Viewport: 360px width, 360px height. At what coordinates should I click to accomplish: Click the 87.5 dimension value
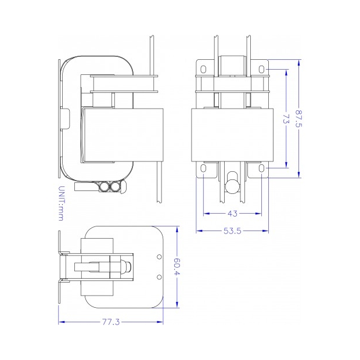[299, 118]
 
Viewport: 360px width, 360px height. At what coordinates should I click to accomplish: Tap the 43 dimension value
[232, 214]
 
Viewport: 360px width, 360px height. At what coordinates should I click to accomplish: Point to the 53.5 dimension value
[232, 231]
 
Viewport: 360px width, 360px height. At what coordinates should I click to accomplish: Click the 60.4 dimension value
[177, 267]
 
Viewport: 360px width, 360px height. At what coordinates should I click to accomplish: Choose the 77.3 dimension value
[111, 322]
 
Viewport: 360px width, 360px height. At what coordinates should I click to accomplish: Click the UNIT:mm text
[61, 203]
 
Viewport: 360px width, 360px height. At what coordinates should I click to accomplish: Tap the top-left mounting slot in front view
[203, 69]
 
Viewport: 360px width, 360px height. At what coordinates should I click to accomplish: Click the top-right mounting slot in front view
[261, 69]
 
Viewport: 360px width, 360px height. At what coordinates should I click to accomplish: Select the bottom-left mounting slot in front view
[203, 168]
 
